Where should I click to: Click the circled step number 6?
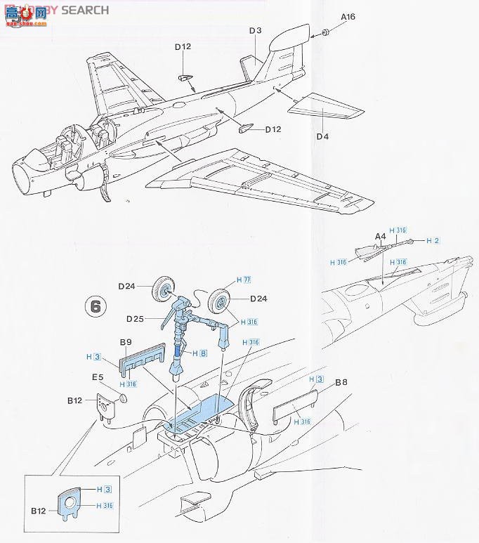(x=96, y=306)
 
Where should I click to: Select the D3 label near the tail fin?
(x=255, y=30)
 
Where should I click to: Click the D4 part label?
(x=322, y=136)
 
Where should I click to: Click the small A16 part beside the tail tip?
(x=326, y=33)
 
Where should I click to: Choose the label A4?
(x=380, y=237)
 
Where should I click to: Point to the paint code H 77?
(x=244, y=280)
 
